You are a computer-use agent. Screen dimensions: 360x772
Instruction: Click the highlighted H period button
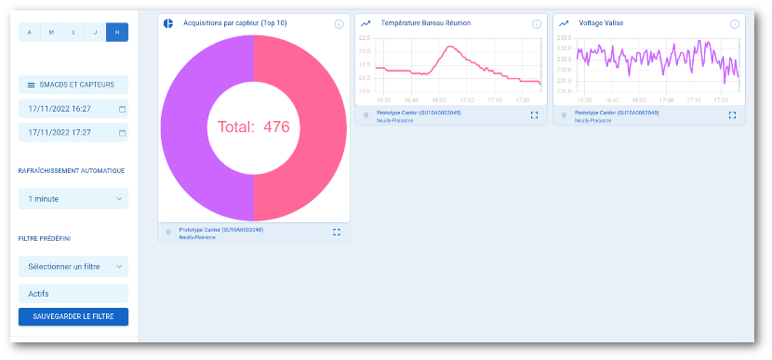click(117, 33)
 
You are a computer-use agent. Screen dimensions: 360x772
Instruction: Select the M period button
click(51, 33)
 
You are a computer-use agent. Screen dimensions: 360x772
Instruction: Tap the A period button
click(29, 33)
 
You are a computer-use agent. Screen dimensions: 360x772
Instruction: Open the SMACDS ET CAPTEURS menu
click(73, 85)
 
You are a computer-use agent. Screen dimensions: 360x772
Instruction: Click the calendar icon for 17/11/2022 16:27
click(122, 109)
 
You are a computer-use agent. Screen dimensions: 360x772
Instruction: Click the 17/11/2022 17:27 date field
click(67, 132)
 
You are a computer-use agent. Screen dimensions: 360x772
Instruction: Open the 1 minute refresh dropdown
click(73, 199)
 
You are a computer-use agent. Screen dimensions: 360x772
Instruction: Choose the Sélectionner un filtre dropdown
click(73, 267)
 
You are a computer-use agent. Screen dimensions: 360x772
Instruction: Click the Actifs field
click(73, 294)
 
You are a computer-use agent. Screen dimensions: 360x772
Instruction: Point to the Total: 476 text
click(254, 127)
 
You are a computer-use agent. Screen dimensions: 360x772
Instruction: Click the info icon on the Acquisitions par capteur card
click(339, 23)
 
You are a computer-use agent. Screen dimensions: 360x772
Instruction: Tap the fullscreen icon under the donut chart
click(337, 232)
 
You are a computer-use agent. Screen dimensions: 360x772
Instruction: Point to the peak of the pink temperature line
click(446, 47)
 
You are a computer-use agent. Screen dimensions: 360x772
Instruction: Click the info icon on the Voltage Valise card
click(735, 23)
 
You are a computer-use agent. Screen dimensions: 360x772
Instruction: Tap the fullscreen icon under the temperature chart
click(534, 115)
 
